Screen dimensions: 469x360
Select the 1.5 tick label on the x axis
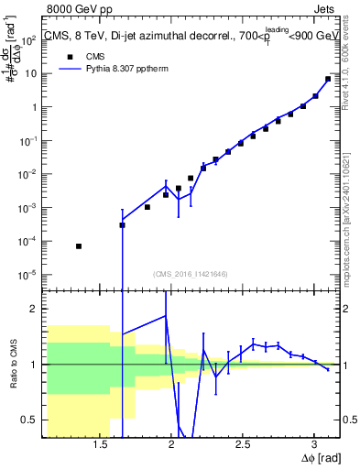click(x=101, y=444)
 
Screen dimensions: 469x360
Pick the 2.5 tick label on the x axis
click(x=242, y=444)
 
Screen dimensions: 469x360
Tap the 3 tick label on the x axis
click(x=313, y=444)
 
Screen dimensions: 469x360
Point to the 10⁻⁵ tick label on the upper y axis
click(x=30, y=274)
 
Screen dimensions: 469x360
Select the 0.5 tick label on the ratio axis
click(x=28, y=420)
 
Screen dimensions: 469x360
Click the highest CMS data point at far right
click(x=328, y=79)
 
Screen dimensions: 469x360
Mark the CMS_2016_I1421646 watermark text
click(x=190, y=273)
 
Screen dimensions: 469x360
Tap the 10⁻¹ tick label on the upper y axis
click(x=30, y=140)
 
